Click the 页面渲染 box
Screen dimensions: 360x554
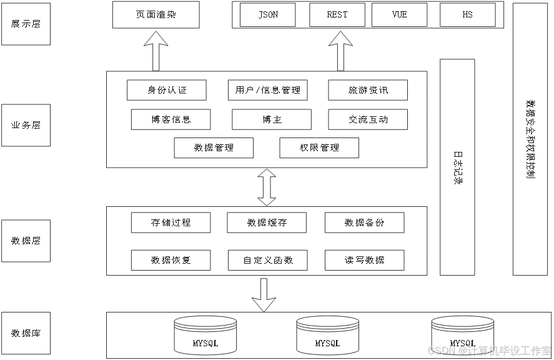pyautogui.click(x=156, y=14)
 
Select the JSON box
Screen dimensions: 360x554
pyautogui.click(x=268, y=14)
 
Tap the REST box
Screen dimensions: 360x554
pyautogui.click(x=337, y=14)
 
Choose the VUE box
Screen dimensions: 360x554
pyautogui.click(x=399, y=14)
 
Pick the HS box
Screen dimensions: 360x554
pyautogui.click(x=467, y=14)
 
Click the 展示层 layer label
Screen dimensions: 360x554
pyautogui.click(x=26, y=24)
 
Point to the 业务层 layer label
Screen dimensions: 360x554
pyautogui.click(x=26, y=125)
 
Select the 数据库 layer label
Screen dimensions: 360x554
pyautogui.click(x=26, y=333)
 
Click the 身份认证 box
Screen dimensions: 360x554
pyautogui.click(x=167, y=90)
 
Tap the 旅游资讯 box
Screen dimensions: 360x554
pyautogui.click(x=368, y=90)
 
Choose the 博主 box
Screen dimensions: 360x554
pyautogui.click(x=272, y=119)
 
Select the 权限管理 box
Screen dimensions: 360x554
pyautogui.click(x=319, y=147)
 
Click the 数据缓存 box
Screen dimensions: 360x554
pyautogui.click(x=267, y=222)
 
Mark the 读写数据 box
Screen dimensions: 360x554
pyautogui.click(x=364, y=260)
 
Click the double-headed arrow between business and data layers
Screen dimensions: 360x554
pyautogui.click(x=267, y=187)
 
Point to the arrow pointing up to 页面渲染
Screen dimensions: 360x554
pyautogui.click(x=156, y=51)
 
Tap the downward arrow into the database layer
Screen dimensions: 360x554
pyautogui.click(x=264, y=295)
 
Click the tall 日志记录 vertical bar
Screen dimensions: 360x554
pyautogui.click(x=458, y=167)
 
